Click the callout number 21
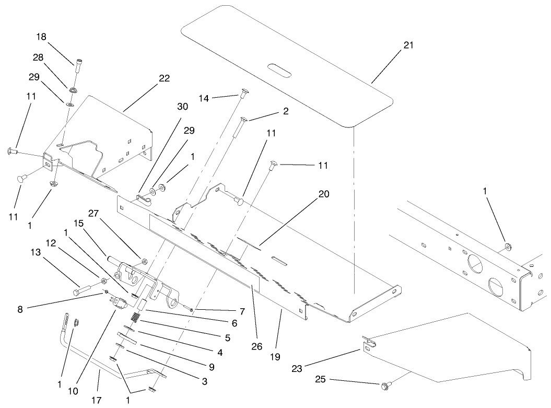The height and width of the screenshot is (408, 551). [408, 45]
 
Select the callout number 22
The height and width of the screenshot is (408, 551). [165, 78]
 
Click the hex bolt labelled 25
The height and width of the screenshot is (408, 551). [384, 386]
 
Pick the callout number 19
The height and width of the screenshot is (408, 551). [275, 357]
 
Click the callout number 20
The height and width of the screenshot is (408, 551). [324, 193]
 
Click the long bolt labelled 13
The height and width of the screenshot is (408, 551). [86, 288]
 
